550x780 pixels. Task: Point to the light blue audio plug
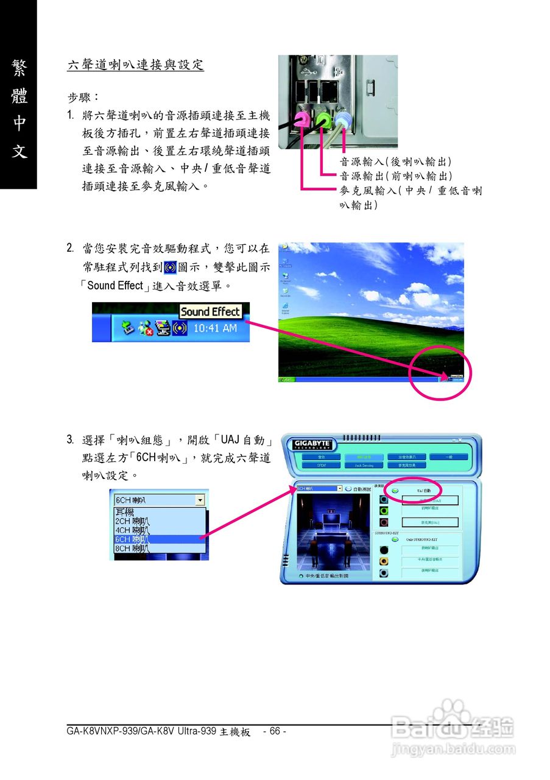344,118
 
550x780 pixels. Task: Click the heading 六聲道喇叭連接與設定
135,65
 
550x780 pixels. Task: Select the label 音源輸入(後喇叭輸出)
395,161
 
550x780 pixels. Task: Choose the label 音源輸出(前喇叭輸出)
395,176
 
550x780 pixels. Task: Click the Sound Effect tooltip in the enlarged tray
210,311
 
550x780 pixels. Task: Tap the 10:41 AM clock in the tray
215,328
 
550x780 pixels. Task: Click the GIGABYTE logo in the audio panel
311,443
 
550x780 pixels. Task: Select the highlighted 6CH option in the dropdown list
160,539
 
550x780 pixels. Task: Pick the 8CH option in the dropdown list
160,548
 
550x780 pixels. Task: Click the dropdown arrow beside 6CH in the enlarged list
200,500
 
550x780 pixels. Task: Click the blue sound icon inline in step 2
171,267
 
